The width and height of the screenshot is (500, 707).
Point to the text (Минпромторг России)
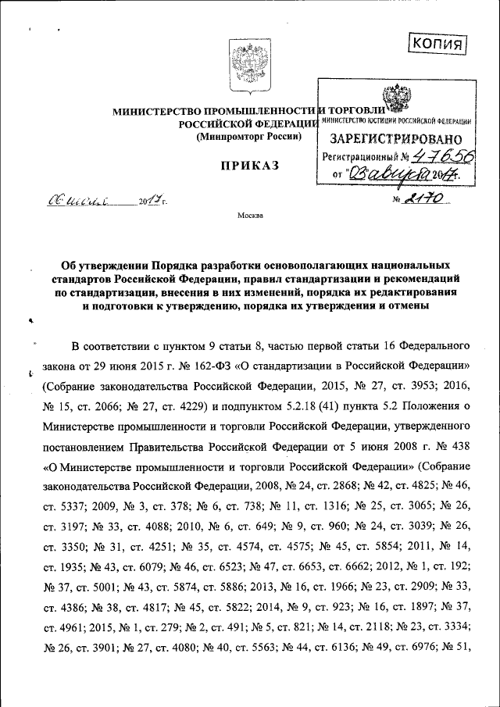[x=248, y=137]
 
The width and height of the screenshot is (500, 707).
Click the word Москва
[x=251, y=215]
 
